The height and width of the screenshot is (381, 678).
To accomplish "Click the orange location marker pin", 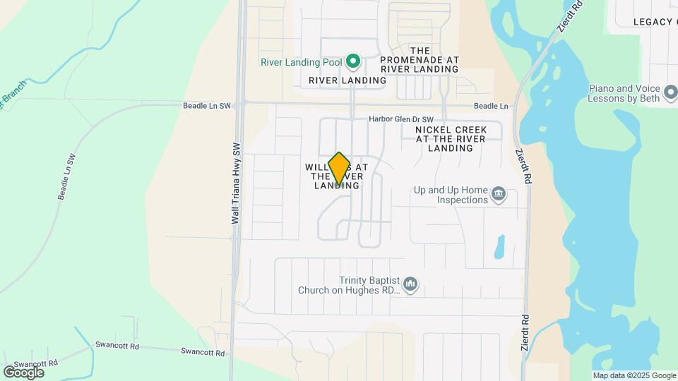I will [x=339, y=168].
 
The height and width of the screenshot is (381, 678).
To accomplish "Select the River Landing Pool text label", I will [x=301, y=62].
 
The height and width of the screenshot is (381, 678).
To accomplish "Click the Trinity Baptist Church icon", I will [x=410, y=285].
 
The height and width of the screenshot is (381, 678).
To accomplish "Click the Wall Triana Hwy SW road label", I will [x=237, y=183].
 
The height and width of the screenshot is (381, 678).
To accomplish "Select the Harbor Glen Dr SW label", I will [x=400, y=119].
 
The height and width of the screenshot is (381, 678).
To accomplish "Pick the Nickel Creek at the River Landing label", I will [x=451, y=139].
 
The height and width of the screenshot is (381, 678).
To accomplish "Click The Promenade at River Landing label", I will [x=420, y=60].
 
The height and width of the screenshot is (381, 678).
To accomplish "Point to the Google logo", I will [x=23, y=372].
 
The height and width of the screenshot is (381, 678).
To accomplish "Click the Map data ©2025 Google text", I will [x=634, y=375].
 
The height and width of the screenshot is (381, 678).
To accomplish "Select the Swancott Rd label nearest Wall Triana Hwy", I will [x=202, y=351].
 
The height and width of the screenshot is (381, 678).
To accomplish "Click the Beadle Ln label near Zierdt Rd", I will [x=491, y=106].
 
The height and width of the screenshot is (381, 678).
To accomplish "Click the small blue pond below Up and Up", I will [x=500, y=246].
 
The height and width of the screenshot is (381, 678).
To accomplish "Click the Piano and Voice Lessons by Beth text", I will [x=624, y=93].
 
